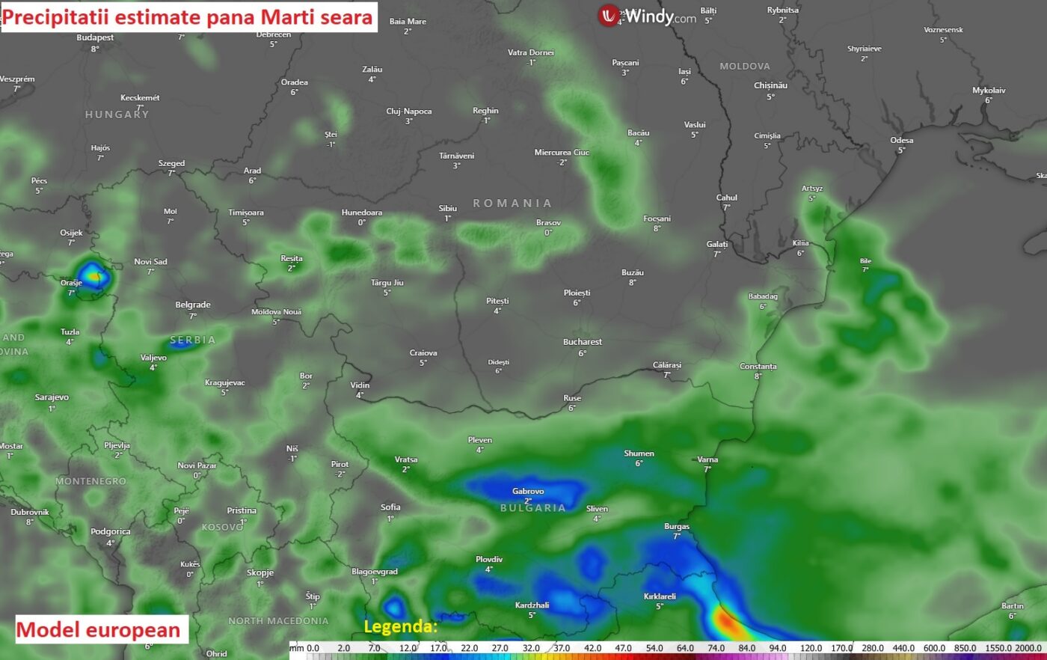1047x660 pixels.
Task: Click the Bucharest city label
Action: point(582,342)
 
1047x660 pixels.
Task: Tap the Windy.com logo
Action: point(647,16)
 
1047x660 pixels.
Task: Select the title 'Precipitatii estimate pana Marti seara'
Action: point(188,17)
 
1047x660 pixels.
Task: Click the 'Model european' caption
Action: point(99,630)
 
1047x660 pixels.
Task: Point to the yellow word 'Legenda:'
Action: point(400,626)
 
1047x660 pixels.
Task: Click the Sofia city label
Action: point(390,507)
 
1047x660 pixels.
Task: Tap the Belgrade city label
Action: point(193,305)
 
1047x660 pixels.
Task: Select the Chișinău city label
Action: point(770,85)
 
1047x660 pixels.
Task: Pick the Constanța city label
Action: point(758,367)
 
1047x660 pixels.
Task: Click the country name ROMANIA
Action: point(512,204)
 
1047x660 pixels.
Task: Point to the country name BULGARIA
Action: point(532,508)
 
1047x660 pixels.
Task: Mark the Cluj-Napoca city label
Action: point(408,111)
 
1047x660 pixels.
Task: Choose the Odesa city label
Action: point(901,141)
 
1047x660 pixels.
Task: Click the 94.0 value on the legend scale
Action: point(778,648)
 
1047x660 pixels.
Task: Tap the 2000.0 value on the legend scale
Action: point(1028,648)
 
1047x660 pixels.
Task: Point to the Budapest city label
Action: point(95,38)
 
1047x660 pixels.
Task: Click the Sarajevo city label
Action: point(52,397)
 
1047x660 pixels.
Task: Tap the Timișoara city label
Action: point(245,213)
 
